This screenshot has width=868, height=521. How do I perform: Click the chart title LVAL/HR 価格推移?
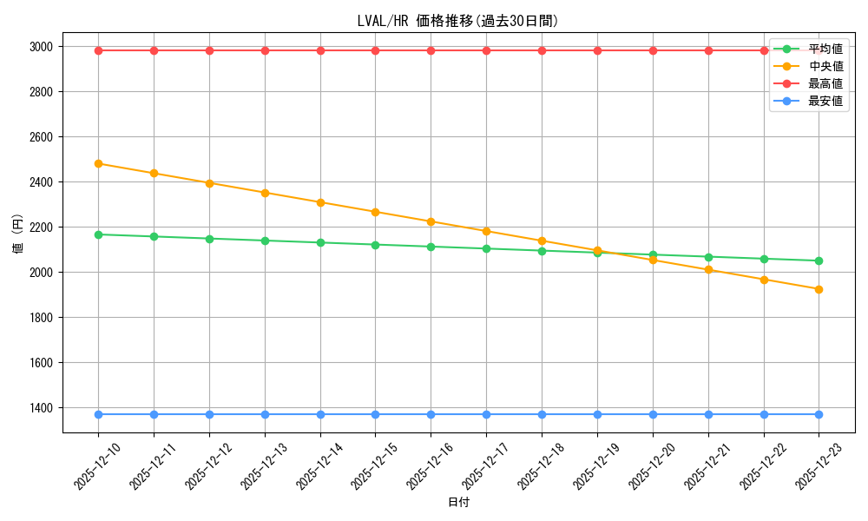point(457,21)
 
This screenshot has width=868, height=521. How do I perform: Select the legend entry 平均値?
point(825,49)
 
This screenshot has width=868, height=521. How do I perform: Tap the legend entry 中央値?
point(825,66)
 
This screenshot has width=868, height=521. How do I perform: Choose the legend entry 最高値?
point(825,83)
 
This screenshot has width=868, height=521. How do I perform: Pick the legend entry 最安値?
point(825,101)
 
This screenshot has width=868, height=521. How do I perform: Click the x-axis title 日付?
point(458,503)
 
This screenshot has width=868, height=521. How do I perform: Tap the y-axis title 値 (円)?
point(17,234)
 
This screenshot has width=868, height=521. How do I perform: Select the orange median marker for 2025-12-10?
point(98,163)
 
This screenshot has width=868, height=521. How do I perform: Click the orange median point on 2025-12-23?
point(819,289)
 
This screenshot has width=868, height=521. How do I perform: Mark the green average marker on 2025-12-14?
point(320,242)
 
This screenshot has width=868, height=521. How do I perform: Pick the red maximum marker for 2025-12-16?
point(431,50)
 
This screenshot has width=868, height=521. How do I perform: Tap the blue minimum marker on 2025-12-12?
point(209,414)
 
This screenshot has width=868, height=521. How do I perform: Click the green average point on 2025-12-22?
point(764,259)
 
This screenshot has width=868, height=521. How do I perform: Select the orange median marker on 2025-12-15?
point(375,212)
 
